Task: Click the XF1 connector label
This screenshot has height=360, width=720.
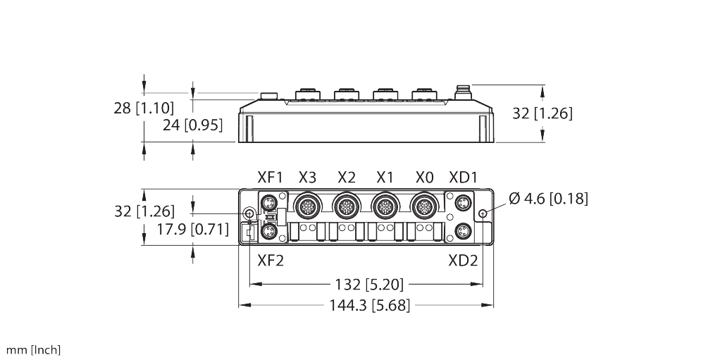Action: click(269, 177)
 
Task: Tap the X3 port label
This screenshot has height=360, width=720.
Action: click(307, 177)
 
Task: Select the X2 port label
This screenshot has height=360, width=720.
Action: click(347, 177)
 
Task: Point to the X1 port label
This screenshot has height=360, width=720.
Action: click(385, 177)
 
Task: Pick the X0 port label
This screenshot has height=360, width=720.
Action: click(424, 177)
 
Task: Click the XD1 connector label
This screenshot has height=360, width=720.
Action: click(463, 177)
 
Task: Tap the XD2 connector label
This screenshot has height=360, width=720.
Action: click(463, 260)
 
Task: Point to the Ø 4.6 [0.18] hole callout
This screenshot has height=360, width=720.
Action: click(547, 199)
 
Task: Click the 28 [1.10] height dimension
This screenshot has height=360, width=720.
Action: click(143, 108)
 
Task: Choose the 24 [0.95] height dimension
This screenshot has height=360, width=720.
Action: click(192, 125)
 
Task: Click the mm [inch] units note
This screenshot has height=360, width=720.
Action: click(34, 350)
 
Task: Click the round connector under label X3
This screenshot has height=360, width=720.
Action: click(307, 206)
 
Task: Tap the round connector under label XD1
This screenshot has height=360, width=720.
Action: click(462, 204)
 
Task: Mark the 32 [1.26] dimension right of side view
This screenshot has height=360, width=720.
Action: click(542, 113)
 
